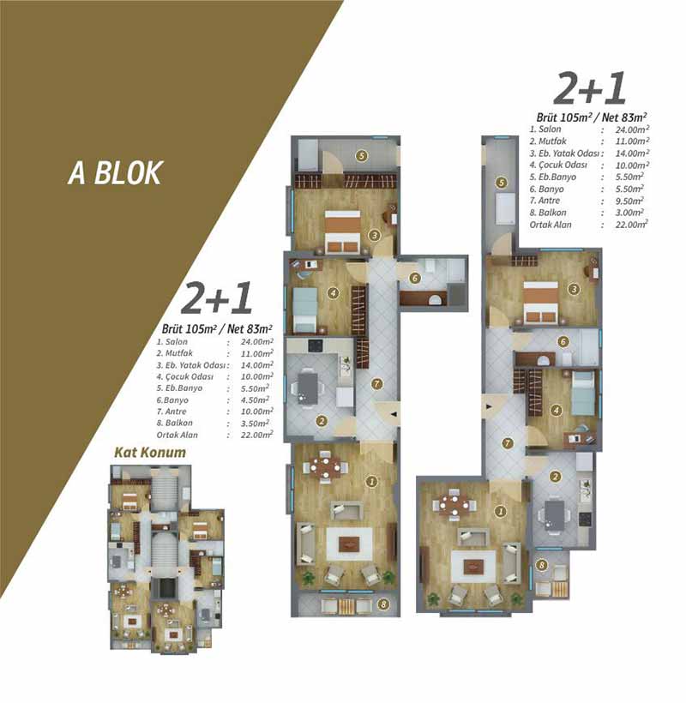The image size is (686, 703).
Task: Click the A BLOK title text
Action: (x=115, y=173)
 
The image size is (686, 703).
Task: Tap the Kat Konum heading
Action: (x=150, y=453)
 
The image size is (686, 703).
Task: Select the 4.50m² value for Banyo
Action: (x=255, y=400)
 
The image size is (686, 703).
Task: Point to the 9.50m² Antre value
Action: (x=629, y=201)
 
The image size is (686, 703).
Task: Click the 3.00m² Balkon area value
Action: (x=629, y=213)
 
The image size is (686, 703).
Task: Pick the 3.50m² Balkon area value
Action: (x=255, y=424)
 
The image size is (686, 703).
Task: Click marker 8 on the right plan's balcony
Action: (x=542, y=565)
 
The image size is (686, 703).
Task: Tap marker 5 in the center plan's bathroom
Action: (x=361, y=156)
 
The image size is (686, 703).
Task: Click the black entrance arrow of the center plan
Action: (x=394, y=414)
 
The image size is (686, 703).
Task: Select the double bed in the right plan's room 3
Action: (x=541, y=302)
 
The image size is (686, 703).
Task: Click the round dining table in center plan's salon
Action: (x=326, y=467)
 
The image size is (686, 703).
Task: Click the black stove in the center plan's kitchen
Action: (x=315, y=345)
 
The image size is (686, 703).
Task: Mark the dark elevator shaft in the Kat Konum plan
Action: (x=164, y=588)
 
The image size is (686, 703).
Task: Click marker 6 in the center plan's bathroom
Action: (x=415, y=279)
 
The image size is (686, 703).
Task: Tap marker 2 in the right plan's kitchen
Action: (x=555, y=476)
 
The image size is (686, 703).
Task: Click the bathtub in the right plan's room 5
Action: (x=505, y=208)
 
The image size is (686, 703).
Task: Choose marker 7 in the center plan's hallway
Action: (x=376, y=384)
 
